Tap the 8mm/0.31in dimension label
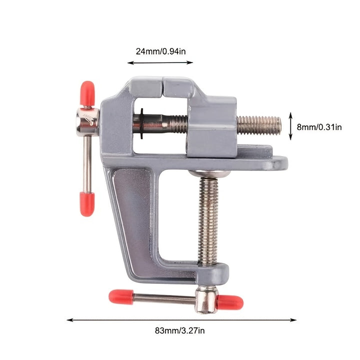(x=319, y=127)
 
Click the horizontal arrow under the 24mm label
(x=160, y=62)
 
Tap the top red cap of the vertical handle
(x=87, y=93)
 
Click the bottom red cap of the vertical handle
(x=87, y=202)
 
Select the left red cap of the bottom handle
(x=121, y=297)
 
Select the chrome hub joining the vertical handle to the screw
(x=87, y=121)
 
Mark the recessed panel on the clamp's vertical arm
(x=131, y=215)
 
